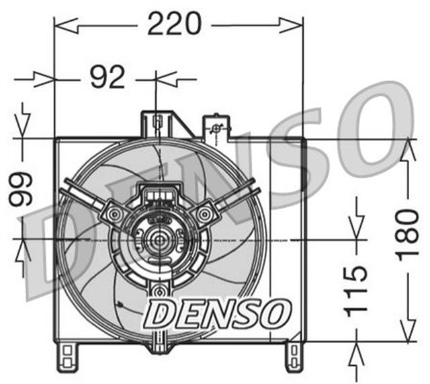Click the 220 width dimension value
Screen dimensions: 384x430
[x=175, y=25]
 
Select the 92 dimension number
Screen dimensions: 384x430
[x=107, y=78]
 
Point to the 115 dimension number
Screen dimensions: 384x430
[x=358, y=290]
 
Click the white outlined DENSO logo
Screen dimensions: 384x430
[x=219, y=311]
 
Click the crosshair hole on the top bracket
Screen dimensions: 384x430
[x=216, y=129]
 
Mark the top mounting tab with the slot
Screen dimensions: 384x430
[x=157, y=123]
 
